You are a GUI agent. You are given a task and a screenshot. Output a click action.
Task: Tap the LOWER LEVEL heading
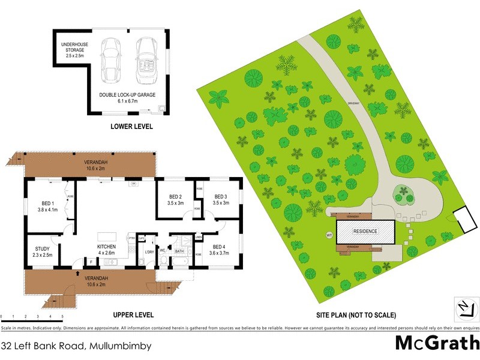pos(131,127)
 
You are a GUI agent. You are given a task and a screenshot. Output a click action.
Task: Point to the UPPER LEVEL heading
pos(134,314)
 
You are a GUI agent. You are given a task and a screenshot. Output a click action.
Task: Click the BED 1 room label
pos(47,206)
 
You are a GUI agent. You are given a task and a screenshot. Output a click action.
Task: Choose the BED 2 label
pos(175,200)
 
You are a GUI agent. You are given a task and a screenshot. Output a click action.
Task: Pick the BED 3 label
pos(221,200)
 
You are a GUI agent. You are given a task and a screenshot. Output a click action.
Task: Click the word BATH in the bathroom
pos(179,252)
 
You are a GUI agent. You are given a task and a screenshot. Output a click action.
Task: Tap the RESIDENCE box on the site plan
pos(365,231)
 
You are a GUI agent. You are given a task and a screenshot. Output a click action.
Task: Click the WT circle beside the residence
pos(328,234)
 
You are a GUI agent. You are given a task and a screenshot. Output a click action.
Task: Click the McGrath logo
pos(436,344)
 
